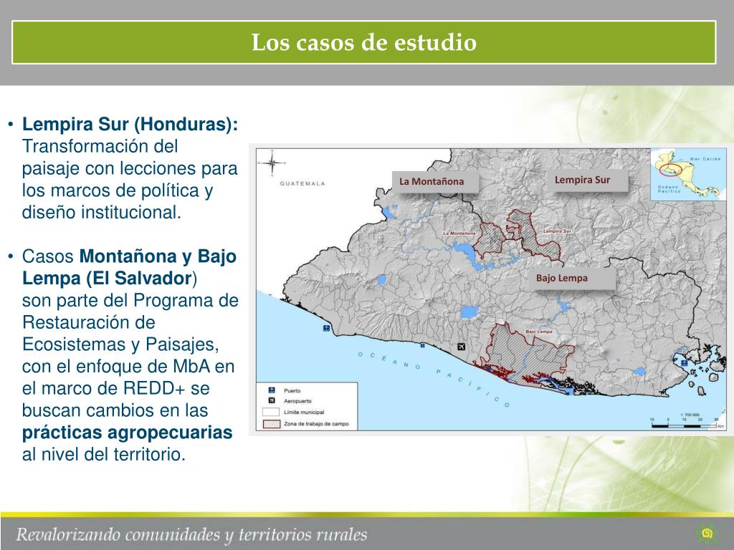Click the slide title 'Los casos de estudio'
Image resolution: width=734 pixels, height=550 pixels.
coord(364,42)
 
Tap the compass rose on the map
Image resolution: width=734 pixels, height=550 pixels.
coord(272,164)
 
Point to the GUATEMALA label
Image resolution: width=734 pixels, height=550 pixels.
coord(302,184)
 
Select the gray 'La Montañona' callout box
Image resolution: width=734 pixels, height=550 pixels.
coord(432,181)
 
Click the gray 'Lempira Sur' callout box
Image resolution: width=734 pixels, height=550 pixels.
coord(582,180)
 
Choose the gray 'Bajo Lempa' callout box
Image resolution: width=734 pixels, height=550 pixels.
coord(561,278)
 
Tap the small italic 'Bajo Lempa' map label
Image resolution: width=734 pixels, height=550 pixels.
coord(538,332)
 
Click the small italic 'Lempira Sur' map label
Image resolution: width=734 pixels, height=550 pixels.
coord(557,231)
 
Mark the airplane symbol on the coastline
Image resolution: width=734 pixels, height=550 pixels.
coord(460,347)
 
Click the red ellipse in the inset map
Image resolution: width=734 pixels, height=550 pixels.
coord(671,170)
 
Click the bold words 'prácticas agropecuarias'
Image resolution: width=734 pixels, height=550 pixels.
coord(128,433)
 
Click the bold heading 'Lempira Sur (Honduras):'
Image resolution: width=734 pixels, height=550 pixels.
coord(130,124)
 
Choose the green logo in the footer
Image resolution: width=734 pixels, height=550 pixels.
coord(707,533)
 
